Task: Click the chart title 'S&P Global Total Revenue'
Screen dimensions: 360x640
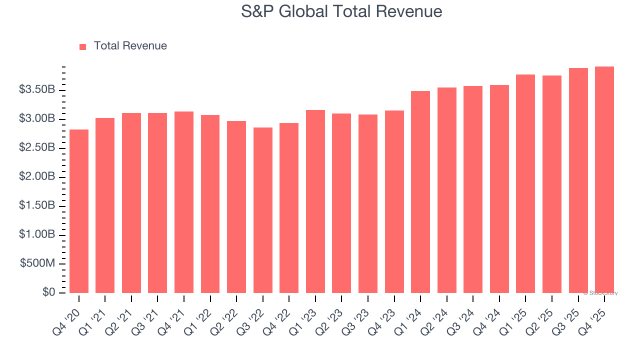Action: tap(341, 11)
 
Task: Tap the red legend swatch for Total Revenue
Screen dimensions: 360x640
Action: tap(83, 46)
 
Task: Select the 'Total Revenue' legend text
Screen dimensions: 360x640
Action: tap(130, 46)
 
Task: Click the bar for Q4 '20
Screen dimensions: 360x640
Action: tap(79, 211)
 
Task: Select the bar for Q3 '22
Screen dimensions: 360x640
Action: tap(263, 210)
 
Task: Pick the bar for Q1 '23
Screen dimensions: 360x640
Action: tap(315, 201)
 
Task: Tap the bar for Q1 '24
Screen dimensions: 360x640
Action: tap(420, 192)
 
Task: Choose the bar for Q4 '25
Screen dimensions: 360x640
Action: tap(604, 179)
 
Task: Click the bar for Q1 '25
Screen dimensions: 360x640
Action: tap(525, 183)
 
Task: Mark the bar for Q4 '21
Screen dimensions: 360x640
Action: tap(184, 202)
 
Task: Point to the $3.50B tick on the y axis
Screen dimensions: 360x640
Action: tap(37, 90)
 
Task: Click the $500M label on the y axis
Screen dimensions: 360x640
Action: tap(37, 264)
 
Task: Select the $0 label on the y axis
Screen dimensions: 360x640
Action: tap(48, 292)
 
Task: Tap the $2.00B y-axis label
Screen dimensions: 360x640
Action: tap(37, 177)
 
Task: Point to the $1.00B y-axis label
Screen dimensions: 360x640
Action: tap(37, 235)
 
